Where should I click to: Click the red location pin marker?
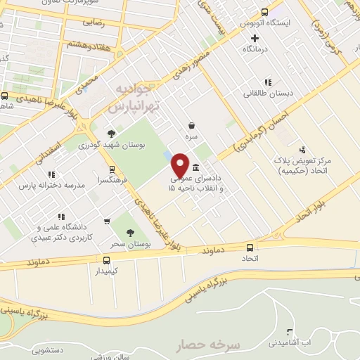tap(180, 165)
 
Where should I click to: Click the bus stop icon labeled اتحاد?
tap(251, 247)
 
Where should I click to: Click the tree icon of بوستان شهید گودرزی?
tap(110, 133)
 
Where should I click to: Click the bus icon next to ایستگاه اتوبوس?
tap(265, 11)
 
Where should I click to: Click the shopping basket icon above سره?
tap(191, 122)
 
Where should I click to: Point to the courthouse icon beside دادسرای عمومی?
tap(195, 168)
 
